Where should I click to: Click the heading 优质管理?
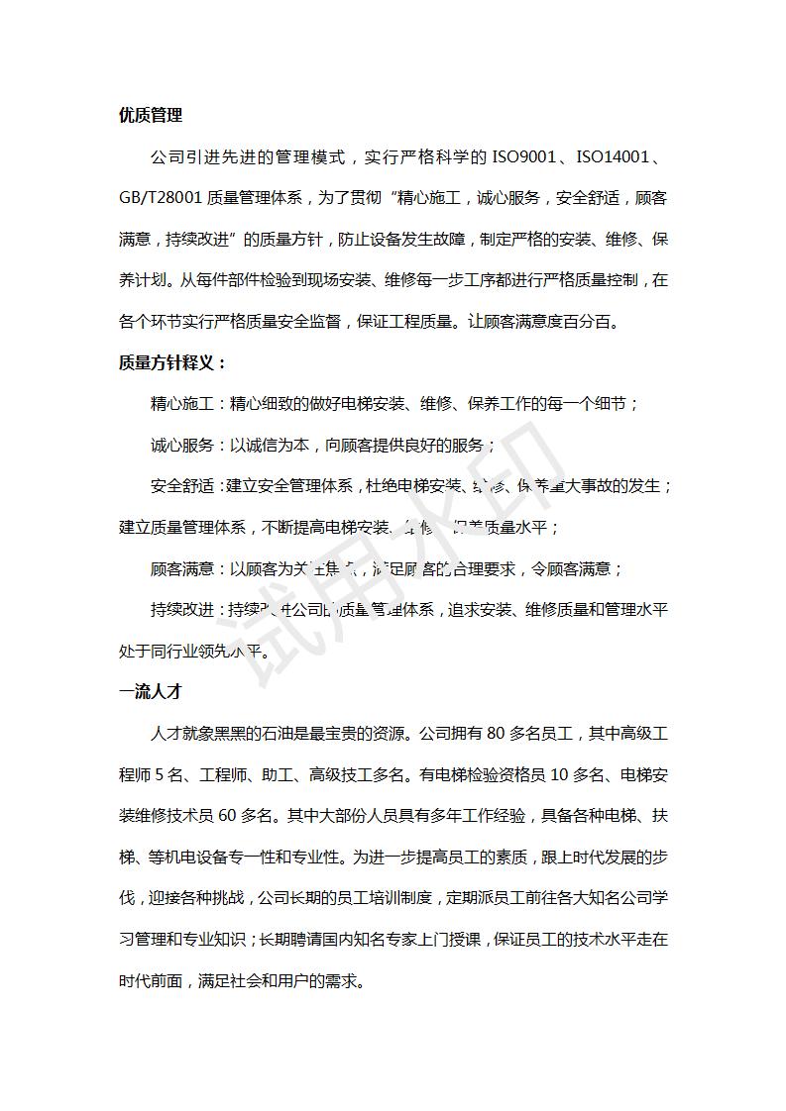pos(151,115)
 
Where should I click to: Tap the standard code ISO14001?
pos(616,156)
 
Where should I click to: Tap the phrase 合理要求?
pos(488,568)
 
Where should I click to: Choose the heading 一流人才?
pos(151,692)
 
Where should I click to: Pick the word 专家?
pos(403,940)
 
